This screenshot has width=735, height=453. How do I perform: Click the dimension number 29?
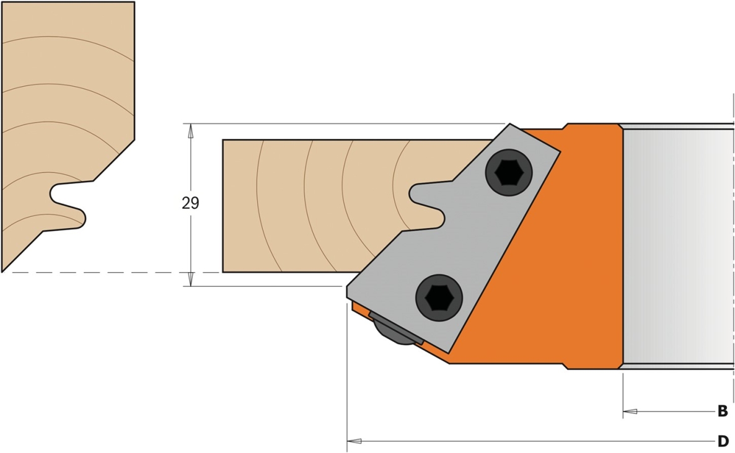coord(190,203)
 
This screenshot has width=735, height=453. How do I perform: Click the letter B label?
coord(723,411)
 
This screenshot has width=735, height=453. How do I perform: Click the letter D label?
coord(723,441)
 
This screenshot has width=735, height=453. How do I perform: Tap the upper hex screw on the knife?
coord(509,172)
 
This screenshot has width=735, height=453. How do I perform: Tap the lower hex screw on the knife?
coord(439,298)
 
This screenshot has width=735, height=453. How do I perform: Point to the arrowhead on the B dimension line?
coord(630,411)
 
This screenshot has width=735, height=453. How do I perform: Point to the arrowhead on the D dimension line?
coord(354,441)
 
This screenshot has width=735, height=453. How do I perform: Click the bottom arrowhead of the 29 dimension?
coord(190,279)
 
